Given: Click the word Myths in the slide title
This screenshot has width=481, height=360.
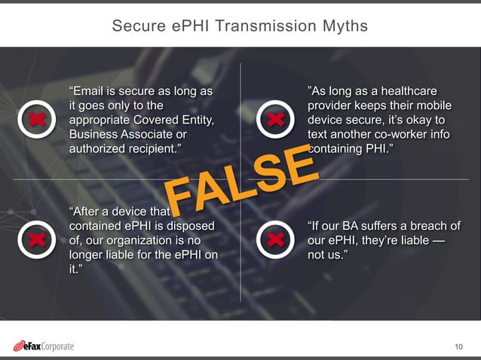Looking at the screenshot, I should pos(343,26).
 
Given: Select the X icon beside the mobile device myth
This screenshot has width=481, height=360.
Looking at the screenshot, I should pos(276,118).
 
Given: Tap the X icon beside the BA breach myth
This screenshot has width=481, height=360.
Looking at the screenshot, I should pos(276,239).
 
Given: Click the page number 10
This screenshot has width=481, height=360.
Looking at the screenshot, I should pos(459,346).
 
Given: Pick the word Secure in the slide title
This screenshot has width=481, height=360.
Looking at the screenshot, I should pos(133,26).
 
